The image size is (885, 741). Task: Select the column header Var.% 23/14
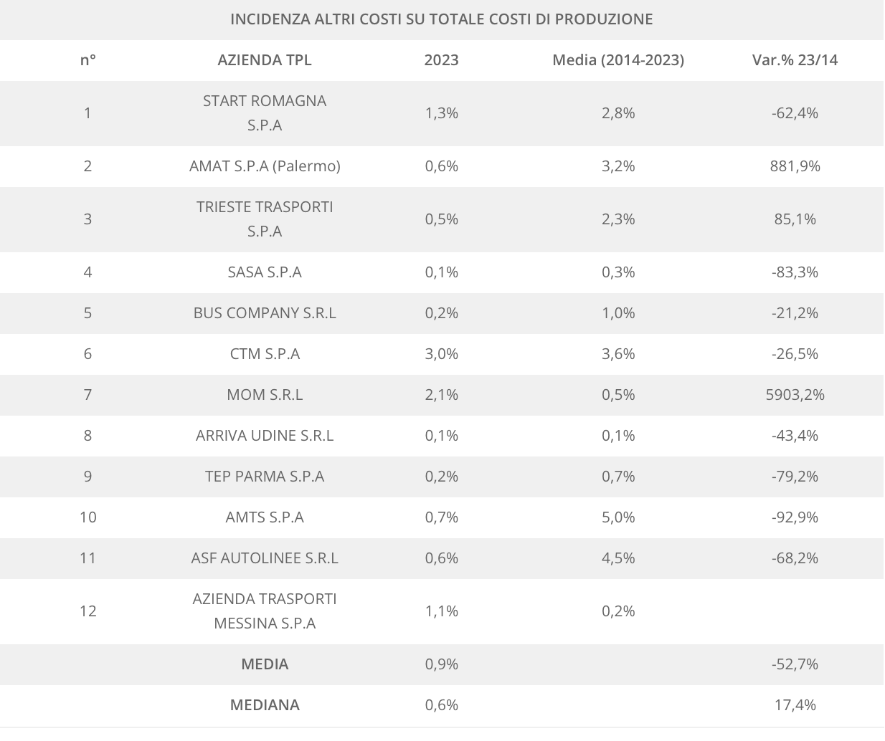tap(795, 60)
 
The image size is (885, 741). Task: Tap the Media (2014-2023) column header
tap(617, 60)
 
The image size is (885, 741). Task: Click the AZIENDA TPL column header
tap(265, 60)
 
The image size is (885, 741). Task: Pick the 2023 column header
tap(441, 60)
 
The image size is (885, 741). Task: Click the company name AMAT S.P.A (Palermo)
tap(265, 166)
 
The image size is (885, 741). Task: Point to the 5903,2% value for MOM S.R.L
tap(795, 395)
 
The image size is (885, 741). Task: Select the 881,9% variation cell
tap(795, 166)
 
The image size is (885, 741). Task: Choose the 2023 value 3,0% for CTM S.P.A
tap(441, 354)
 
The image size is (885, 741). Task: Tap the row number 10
tap(87, 517)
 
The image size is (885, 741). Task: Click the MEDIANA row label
tap(265, 705)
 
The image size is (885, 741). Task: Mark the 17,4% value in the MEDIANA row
tap(795, 705)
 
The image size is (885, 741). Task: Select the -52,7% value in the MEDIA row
tap(795, 664)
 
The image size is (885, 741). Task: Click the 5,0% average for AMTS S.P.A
tap(617, 517)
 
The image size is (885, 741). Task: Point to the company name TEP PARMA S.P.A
tap(265, 477)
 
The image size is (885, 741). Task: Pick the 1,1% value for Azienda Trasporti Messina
tap(441, 611)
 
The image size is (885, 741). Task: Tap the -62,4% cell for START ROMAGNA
tap(795, 113)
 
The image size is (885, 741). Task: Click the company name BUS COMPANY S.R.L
tap(265, 313)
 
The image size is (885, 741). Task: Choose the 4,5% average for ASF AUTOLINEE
tap(617, 558)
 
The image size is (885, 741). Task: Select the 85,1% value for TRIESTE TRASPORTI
tap(795, 219)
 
